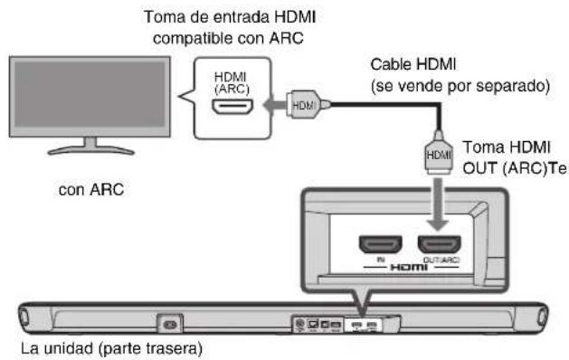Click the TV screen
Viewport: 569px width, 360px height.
click(x=88, y=98)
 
